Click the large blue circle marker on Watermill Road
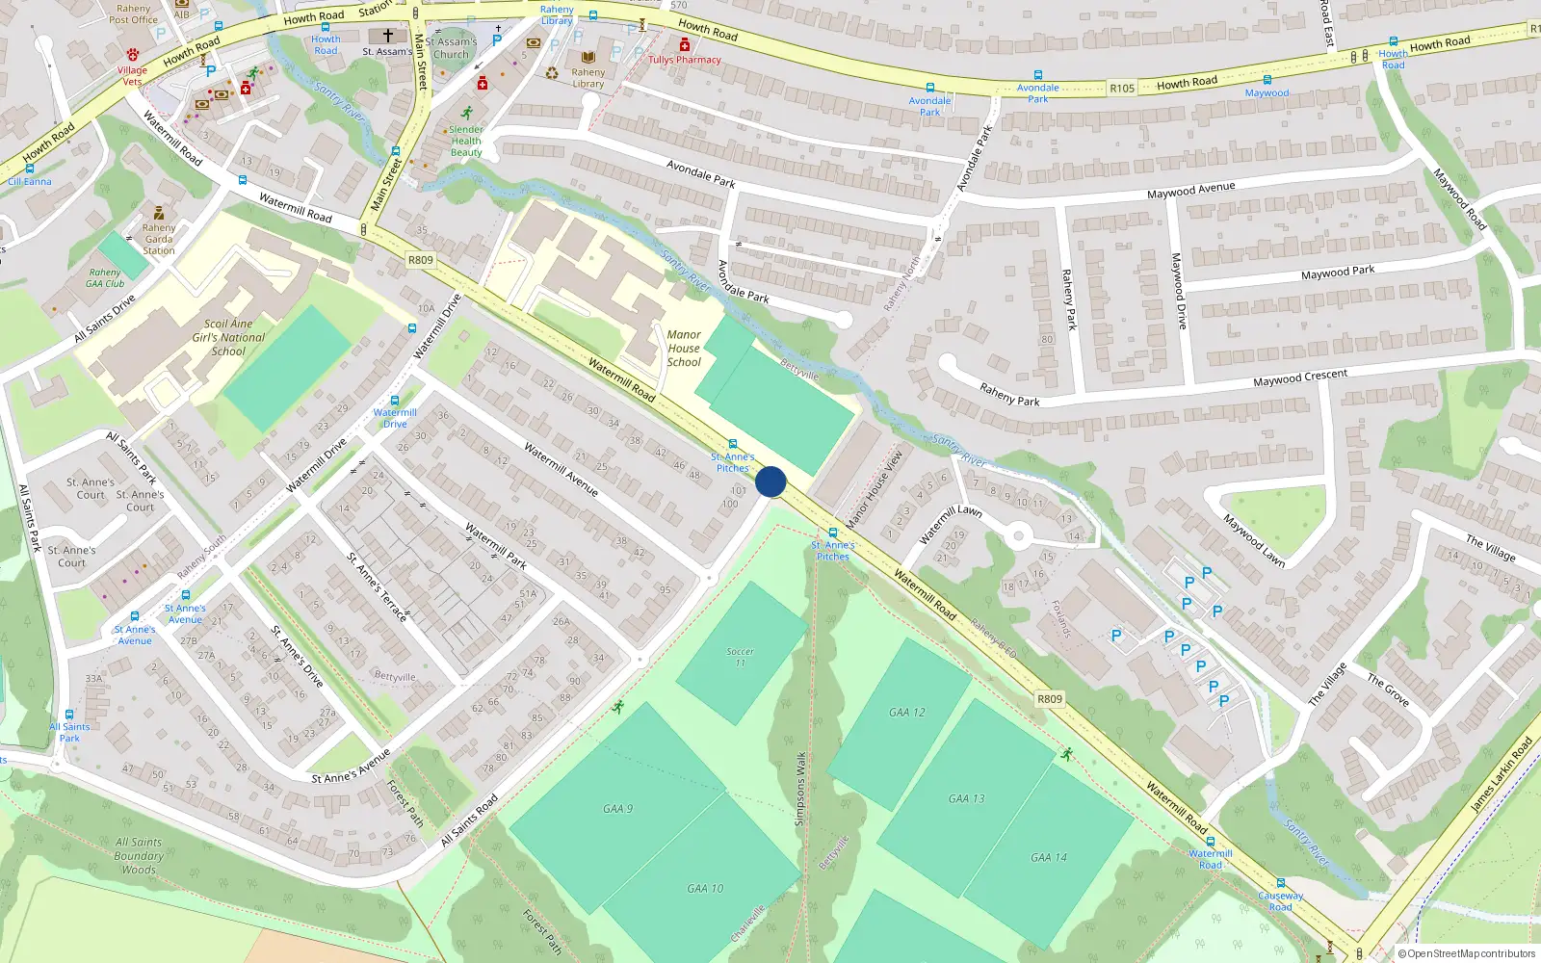pyautogui.click(x=770, y=481)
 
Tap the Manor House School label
pyautogui.click(x=684, y=349)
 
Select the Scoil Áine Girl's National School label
pyautogui.click(x=228, y=338)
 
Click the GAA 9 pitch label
pyautogui.click(x=618, y=809)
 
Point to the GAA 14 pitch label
pyautogui.click(x=1049, y=857)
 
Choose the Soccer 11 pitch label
pyautogui.click(x=740, y=657)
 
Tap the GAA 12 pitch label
pyautogui.click(x=906, y=713)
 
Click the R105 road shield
pyautogui.click(x=1122, y=88)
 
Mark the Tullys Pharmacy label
pyautogui.click(x=685, y=60)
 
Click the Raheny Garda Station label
pyautogui.click(x=159, y=239)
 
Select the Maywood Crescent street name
pyautogui.click(x=1300, y=377)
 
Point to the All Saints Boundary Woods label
pyautogui.click(x=139, y=855)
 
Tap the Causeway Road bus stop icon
pyautogui.click(x=1280, y=883)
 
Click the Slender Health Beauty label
pyautogui.click(x=466, y=141)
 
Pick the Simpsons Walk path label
pyautogui.click(x=799, y=789)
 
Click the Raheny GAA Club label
pyautogui.click(x=105, y=278)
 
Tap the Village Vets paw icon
pyautogui.click(x=133, y=55)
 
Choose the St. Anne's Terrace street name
pyautogui.click(x=377, y=586)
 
